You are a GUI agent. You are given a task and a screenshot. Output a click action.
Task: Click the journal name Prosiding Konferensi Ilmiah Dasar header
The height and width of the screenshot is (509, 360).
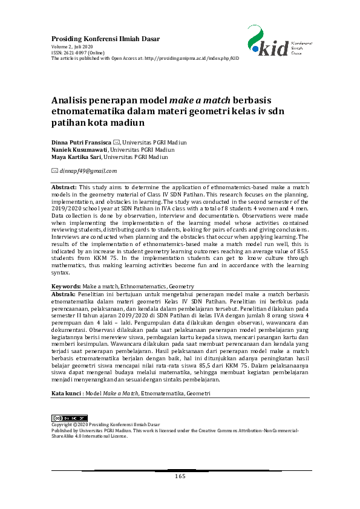tap(106, 39)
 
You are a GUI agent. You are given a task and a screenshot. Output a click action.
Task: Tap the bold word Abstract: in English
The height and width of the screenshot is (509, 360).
tap(64, 188)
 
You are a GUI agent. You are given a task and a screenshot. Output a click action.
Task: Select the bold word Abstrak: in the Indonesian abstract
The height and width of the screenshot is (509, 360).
tap(64, 293)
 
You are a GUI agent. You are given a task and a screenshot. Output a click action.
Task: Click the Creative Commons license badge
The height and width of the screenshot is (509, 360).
tap(70, 418)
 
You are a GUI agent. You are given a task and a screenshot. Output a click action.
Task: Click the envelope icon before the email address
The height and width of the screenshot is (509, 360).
tap(55, 171)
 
